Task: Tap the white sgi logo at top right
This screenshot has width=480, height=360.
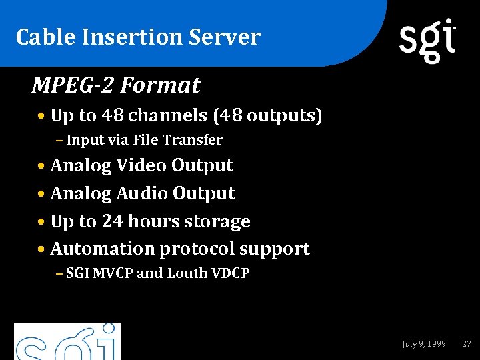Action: [x=427, y=40]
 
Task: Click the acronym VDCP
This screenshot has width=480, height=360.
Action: [x=230, y=273]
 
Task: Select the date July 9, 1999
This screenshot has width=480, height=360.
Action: [x=424, y=344]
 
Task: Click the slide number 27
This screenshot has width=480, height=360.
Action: [x=467, y=344]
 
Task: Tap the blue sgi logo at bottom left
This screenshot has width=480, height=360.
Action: [x=67, y=342]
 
